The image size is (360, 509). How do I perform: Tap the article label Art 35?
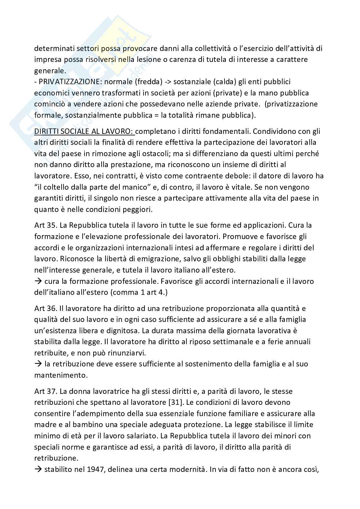tap(45, 225)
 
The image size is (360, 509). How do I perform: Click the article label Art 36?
tap(45, 308)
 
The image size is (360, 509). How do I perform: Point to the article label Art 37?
tap(45, 391)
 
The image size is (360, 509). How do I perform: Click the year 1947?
tap(92, 469)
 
